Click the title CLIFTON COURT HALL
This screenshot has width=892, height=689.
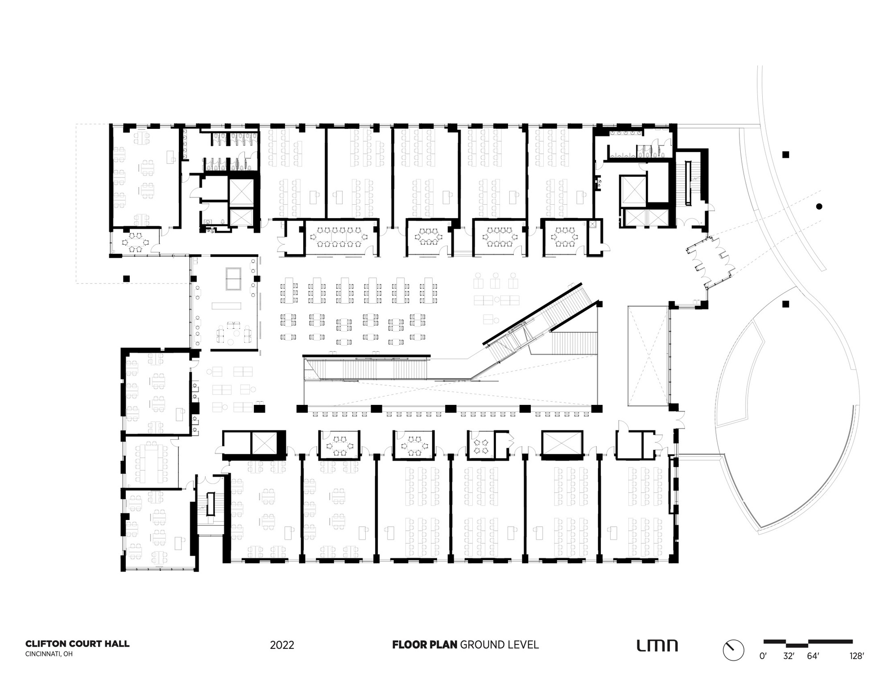[77, 644]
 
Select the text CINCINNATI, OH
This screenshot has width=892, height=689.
[49, 654]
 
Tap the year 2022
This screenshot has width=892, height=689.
[282, 645]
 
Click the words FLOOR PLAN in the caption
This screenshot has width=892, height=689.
[425, 644]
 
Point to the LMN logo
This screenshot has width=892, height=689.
[657, 645]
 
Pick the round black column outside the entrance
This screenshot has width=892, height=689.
[819, 206]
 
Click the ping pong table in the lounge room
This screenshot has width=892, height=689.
[233, 279]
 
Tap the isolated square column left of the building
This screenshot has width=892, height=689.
[126, 278]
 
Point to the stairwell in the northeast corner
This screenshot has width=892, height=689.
[690, 183]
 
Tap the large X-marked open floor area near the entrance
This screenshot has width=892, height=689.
[648, 356]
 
